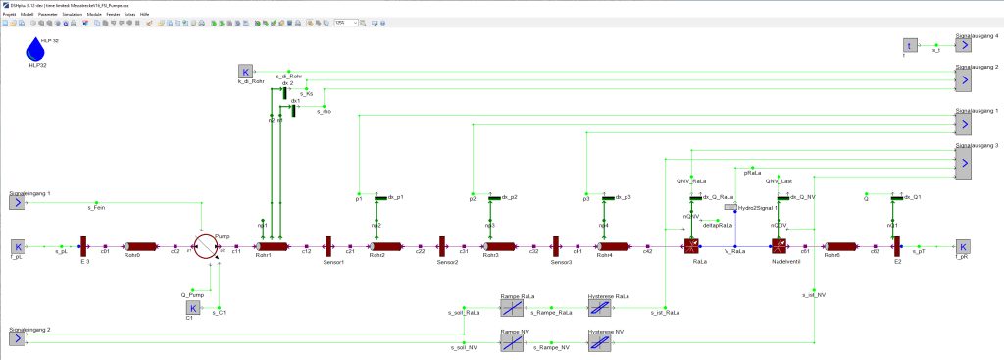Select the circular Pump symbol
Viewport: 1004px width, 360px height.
[x=205, y=245]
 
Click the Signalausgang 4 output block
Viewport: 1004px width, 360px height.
[x=964, y=44]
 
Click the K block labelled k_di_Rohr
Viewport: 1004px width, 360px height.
[x=245, y=72]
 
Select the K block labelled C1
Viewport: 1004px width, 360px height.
[x=193, y=308]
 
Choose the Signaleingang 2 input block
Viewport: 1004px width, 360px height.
[x=17, y=338]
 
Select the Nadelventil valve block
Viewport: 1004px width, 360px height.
[x=779, y=246]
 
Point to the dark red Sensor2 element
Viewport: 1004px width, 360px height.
[x=442, y=245]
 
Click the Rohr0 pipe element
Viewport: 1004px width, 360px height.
[x=140, y=246]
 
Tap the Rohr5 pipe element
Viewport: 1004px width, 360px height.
[x=838, y=246]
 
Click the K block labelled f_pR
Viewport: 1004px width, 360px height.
[x=964, y=246]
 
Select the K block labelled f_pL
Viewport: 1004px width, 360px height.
[x=17, y=246]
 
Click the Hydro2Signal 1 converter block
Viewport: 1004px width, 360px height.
[x=730, y=208]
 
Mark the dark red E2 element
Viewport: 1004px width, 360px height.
[x=897, y=245]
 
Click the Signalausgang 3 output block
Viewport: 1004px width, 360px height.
[x=964, y=162]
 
